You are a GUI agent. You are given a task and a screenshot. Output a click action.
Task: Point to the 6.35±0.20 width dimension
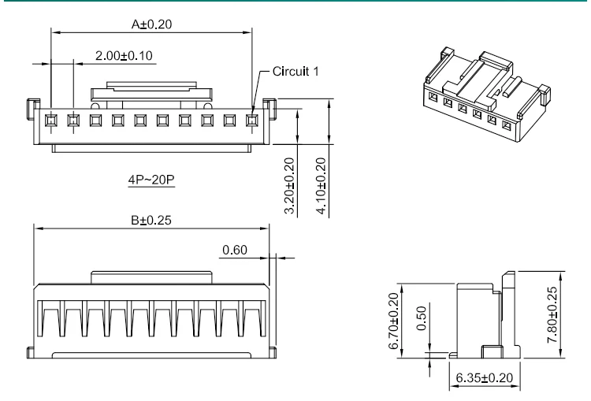point(484,378)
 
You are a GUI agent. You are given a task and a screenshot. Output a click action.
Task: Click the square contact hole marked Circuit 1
point(253,121)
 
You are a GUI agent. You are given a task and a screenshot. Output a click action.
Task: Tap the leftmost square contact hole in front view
point(51,121)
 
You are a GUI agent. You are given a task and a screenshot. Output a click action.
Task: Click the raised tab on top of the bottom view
point(151,276)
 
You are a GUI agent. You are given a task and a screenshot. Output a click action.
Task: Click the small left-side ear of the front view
point(33,104)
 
